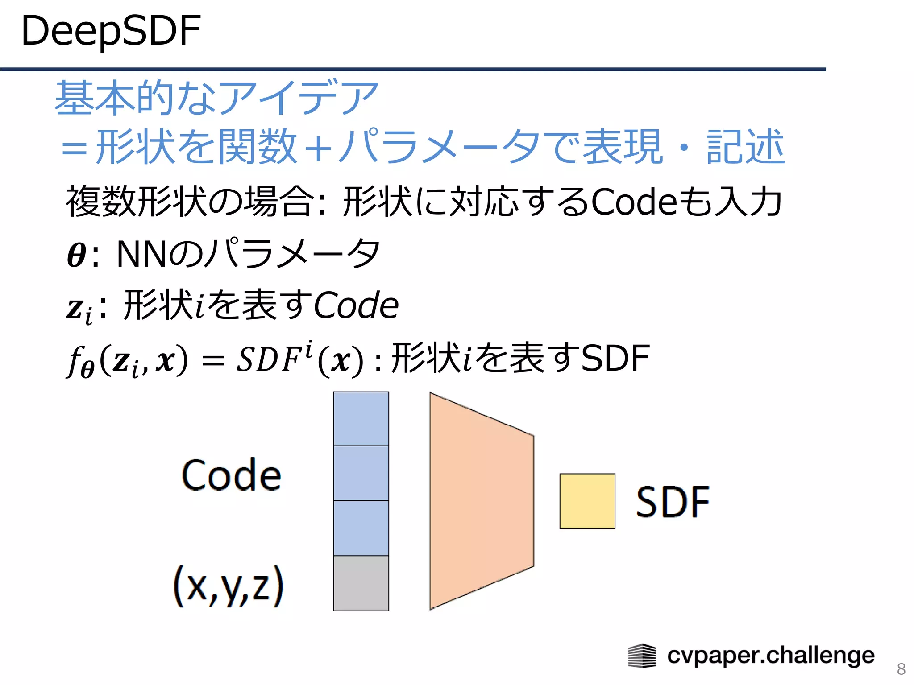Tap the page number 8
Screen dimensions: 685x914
(901, 669)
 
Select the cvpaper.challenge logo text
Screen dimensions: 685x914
(771, 656)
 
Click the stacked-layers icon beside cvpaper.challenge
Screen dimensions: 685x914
(642, 656)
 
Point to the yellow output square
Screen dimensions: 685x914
(587, 501)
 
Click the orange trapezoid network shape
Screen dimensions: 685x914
(481, 501)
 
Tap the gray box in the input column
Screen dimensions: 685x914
(361, 583)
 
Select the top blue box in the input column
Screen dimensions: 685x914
(361, 419)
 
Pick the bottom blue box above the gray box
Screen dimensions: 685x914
(361, 528)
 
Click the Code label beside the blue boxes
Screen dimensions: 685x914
(231, 475)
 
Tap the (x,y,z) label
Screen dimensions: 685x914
(228, 586)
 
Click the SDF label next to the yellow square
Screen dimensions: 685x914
(673, 502)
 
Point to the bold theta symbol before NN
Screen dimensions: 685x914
(76, 255)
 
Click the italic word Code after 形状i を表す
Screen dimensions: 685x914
(356, 305)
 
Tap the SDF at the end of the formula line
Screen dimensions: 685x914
(615, 358)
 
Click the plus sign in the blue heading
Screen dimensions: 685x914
(318, 148)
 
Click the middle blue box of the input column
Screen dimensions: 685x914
(361, 473)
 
